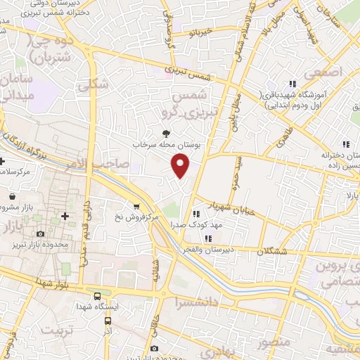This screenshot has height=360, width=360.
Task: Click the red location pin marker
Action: pos(181,165)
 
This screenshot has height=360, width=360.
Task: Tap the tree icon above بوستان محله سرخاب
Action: pos(166,132)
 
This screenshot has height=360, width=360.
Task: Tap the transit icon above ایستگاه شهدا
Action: pos(97,296)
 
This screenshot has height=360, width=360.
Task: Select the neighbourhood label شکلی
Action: pos(91,82)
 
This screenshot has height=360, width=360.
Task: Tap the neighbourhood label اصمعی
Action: pos(324,72)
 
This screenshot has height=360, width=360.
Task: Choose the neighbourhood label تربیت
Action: pos(58,329)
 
